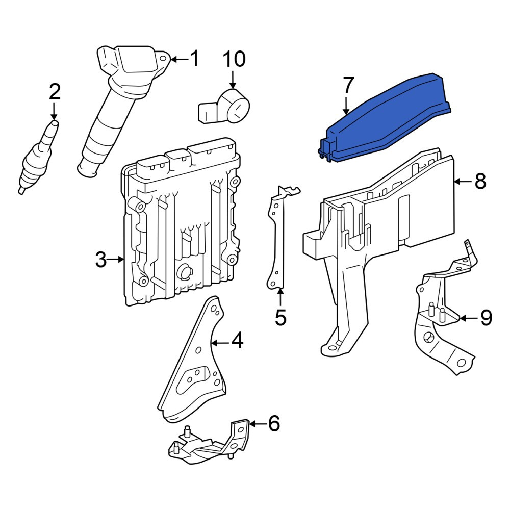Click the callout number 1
[x=194, y=59]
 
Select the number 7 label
[x=348, y=85]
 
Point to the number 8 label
[x=480, y=181]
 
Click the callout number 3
[x=101, y=260]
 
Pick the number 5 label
[x=280, y=317]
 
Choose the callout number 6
[x=274, y=423]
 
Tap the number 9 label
[x=486, y=318]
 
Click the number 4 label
[x=237, y=340]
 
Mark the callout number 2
[x=55, y=91]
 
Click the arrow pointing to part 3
[x=116, y=259]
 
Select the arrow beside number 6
[x=257, y=423]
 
